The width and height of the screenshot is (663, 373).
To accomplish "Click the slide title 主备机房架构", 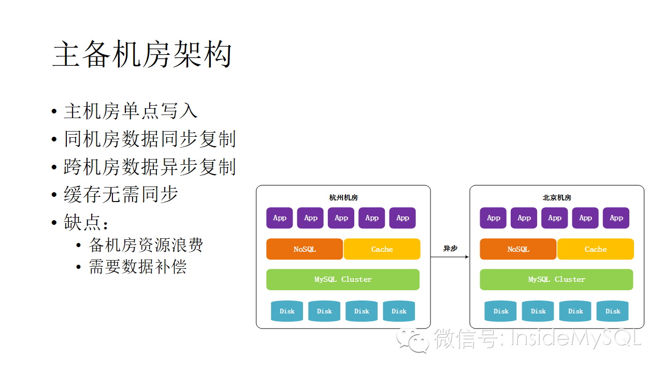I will pos(142,55).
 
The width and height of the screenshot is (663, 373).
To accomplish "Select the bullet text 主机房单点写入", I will pos(131,111).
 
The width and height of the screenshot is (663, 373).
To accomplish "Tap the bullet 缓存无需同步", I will pos(121,194).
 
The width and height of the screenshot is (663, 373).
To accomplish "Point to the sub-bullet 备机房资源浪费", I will pos(146,245).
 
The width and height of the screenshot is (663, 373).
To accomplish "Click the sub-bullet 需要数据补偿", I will pos(137,267).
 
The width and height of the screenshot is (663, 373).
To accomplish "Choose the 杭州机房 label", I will pos(343,198).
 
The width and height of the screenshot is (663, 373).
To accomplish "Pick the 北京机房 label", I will pos(557,198).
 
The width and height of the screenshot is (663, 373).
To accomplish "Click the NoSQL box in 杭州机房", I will pos(305,249).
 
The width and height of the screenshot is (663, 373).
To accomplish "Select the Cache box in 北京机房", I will pos(596,249).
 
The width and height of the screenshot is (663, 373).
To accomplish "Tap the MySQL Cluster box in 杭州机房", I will pos(343,279).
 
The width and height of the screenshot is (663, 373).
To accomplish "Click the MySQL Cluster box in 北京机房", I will pos(556,279).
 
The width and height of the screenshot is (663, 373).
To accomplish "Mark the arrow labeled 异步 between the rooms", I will pos(450,257).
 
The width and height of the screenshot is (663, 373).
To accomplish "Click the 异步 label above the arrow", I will pos(450,249).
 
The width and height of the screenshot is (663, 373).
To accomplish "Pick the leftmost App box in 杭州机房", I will pos(280,218).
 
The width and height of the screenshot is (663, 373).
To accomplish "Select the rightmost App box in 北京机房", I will pos(616,218).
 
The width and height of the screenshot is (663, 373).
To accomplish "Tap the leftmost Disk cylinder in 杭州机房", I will pos(287,311).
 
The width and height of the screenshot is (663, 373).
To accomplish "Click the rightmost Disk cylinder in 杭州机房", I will pos(399,311).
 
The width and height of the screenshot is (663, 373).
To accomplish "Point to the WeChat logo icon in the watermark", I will pos(413,340).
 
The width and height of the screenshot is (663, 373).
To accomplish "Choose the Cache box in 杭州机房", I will pos(382,249).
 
